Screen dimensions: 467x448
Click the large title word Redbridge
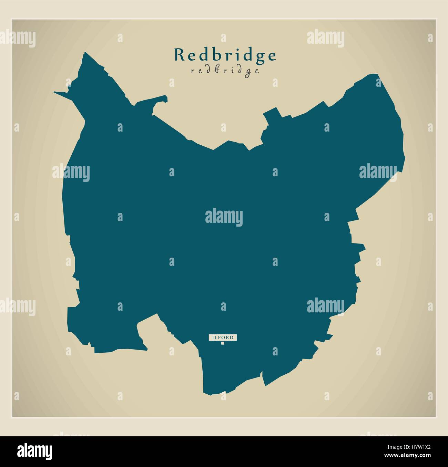click(x=225, y=55)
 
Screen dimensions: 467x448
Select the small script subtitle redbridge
click(x=224, y=71)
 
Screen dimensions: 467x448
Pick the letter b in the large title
click(x=214, y=54)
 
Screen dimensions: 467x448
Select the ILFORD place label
click(x=223, y=338)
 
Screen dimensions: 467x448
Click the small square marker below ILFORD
click(x=223, y=343)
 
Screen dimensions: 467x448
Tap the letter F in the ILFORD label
click(x=220, y=338)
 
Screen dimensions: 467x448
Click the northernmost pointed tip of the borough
click(x=85, y=53)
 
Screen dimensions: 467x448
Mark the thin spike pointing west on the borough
click(x=57, y=92)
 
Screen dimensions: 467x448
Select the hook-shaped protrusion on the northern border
click(x=162, y=100)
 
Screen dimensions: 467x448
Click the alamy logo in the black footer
click(x=35, y=451)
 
